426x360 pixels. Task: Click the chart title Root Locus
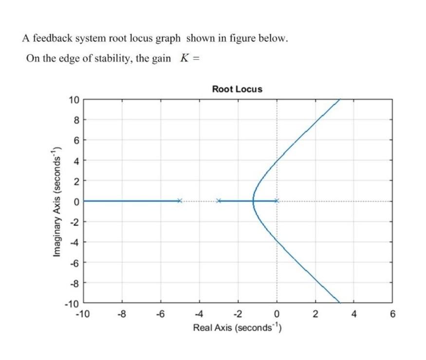[237, 89]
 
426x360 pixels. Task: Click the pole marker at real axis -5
[180, 201]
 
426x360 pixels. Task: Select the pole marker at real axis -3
[219, 201]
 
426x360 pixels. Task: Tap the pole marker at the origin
[277, 201]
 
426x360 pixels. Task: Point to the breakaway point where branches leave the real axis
[253, 201]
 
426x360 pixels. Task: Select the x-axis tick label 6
[392, 314]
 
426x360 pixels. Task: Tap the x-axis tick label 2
[315, 314]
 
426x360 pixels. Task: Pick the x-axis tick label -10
[83, 314]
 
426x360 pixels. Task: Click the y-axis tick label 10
[74, 100]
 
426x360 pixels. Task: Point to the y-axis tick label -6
[74, 262]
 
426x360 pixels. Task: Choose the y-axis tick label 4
[76, 160]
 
